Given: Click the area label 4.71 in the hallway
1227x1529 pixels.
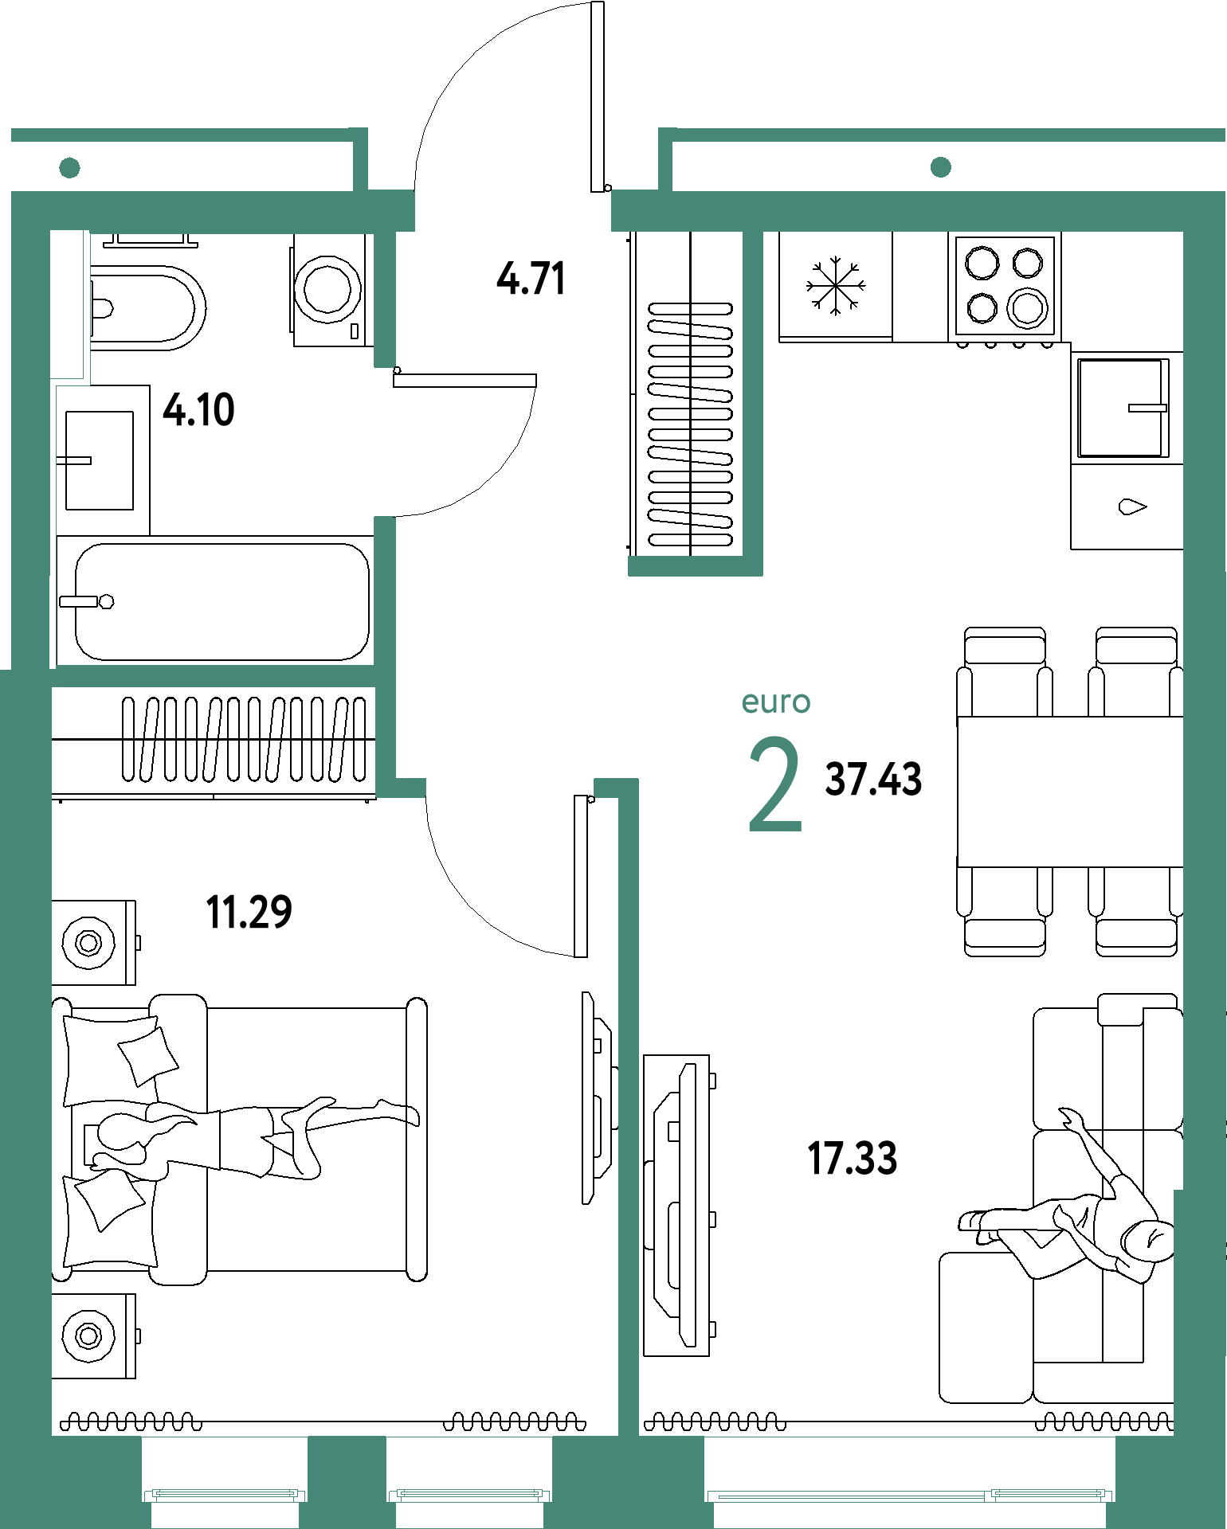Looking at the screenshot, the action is [531, 279].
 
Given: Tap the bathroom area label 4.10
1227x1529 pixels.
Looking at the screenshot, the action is [198, 410].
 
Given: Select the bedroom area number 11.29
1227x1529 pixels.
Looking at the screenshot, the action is [249, 913].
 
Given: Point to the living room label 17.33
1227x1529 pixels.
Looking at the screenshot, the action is [853, 1159].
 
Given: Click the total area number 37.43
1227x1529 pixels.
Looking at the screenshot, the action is [873, 779].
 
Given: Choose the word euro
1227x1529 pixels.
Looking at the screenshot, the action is [776, 702].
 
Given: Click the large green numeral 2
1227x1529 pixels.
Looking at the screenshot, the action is [775, 784].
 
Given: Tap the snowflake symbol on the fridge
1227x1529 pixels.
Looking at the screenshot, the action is [835, 285].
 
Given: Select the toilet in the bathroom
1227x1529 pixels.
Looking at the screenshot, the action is [147, 307].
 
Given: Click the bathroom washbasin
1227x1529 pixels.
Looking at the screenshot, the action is [100, 460].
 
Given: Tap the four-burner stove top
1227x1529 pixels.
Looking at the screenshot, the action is [1005, 285].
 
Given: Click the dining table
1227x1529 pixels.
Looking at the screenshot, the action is [1070, 792].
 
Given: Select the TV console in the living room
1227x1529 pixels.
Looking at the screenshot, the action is [676, 1206].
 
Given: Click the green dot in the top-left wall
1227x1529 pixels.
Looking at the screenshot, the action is [70, 167].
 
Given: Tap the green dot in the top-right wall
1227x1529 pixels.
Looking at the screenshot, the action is [941, 166].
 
